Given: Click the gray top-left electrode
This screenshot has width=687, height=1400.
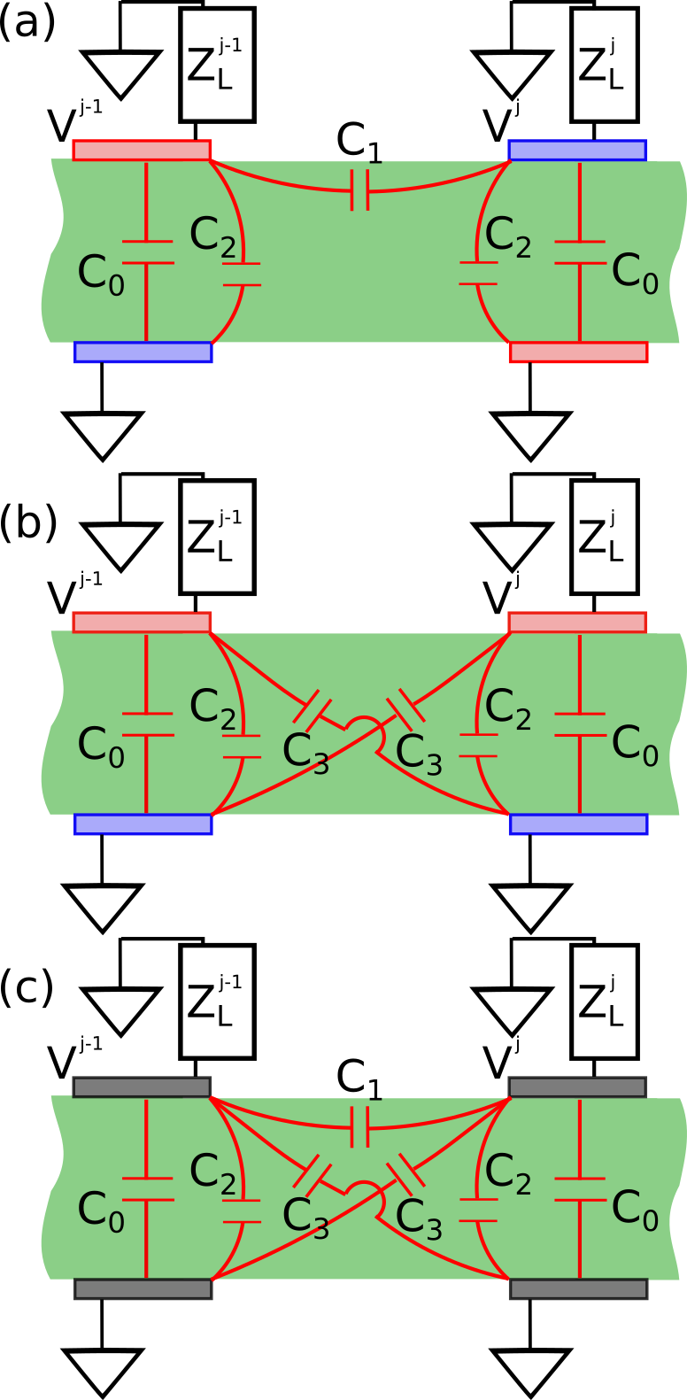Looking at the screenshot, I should point(142,1087).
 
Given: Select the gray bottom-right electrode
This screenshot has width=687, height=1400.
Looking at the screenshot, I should point(578,1288).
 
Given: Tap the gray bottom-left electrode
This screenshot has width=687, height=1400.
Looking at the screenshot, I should point(143,1288).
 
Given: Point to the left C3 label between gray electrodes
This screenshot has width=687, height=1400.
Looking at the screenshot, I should point(305,1218).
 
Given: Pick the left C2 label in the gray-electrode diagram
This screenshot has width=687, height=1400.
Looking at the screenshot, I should point(212,1172).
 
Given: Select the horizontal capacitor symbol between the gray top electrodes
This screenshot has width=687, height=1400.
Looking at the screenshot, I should point(359,1126).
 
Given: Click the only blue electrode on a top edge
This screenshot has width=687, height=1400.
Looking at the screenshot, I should point(577,151).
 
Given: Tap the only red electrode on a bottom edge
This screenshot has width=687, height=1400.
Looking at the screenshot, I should point(578,352).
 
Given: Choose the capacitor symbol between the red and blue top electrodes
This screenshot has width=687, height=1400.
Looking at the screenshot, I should point(359,190).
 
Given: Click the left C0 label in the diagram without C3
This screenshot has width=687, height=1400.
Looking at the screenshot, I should point(101,274).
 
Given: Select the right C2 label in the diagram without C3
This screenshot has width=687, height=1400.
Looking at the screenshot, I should point(507,236).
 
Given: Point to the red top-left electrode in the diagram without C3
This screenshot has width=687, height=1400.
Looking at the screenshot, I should point(142,151).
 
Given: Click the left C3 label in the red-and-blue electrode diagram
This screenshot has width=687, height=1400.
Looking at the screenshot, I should point(305,754).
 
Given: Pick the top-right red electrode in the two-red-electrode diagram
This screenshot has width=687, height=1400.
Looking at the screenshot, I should point(577,623).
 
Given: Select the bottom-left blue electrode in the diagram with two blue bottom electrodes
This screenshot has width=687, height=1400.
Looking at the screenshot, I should point(143,824).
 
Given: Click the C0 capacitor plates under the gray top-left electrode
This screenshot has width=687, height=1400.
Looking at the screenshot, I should point(147,1189).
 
